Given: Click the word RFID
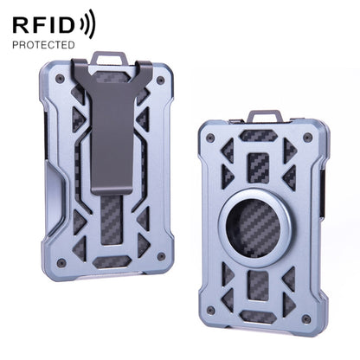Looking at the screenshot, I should (x=43, y=23).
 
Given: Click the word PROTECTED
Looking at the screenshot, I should (x=43, y=44).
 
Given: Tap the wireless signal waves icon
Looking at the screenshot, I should (x=87, y=23).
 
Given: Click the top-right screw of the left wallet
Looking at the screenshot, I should (x=159, y=80).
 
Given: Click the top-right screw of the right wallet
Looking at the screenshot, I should (x=307, y=136).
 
